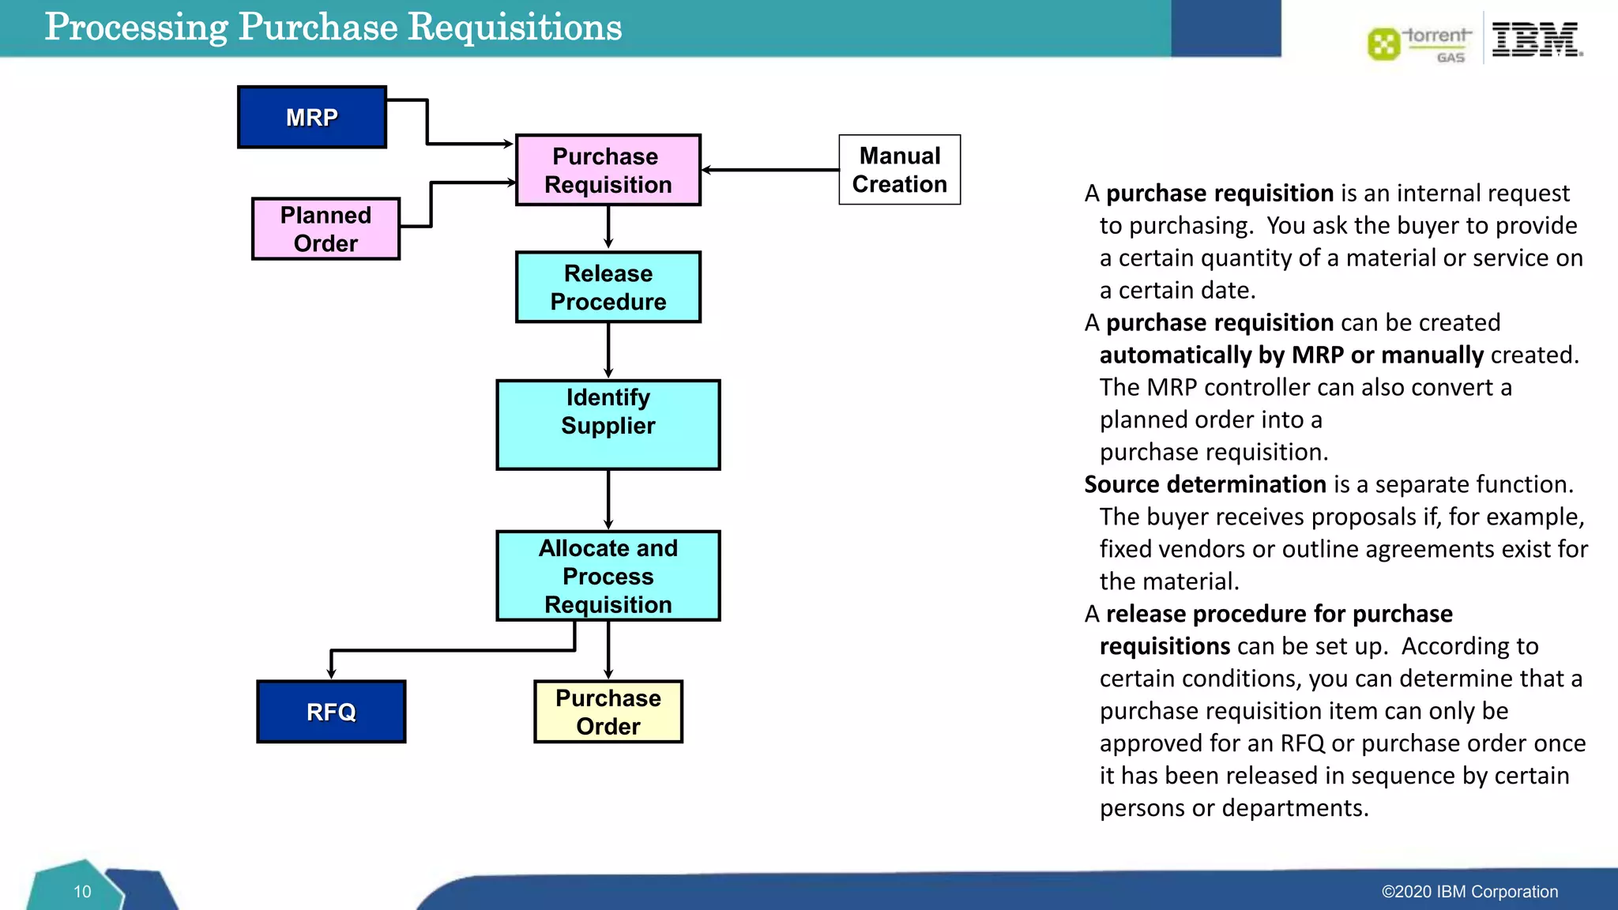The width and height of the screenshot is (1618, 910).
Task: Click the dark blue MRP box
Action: tap(312, 117)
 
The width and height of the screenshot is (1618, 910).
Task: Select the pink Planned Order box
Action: tap(325, 228)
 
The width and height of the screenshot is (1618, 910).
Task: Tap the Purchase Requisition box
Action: tap(608, 170)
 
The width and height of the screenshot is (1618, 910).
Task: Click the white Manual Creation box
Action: tap(899, 170)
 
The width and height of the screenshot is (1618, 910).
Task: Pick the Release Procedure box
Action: tap(608, 287)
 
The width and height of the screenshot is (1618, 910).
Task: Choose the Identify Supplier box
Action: tap(608, 424)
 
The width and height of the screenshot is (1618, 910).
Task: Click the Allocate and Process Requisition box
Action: tap(608, 575)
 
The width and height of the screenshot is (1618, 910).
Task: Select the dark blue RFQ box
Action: tap(331, 711)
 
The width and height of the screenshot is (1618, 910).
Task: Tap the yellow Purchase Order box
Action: tap(608, 711)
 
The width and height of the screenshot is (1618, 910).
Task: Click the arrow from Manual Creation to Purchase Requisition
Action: tap(770, 170)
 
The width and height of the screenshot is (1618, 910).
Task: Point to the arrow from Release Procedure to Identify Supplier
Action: tap(608, 350)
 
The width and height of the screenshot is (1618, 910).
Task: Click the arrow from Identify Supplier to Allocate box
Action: tap(608, 499)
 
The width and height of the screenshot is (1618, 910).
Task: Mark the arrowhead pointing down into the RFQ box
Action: tap(331, 673)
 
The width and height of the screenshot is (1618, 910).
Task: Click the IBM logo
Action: tap(1536, 39)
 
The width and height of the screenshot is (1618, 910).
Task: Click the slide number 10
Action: tap(82, 892)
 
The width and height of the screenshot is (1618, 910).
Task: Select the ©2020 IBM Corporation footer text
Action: tap(1469, 892)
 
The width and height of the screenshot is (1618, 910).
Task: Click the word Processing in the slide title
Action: tap(136, 28)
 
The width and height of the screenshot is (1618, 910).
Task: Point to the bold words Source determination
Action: tap(1205, 484)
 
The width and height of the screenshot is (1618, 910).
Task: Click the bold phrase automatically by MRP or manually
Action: tap(1291, 355)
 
